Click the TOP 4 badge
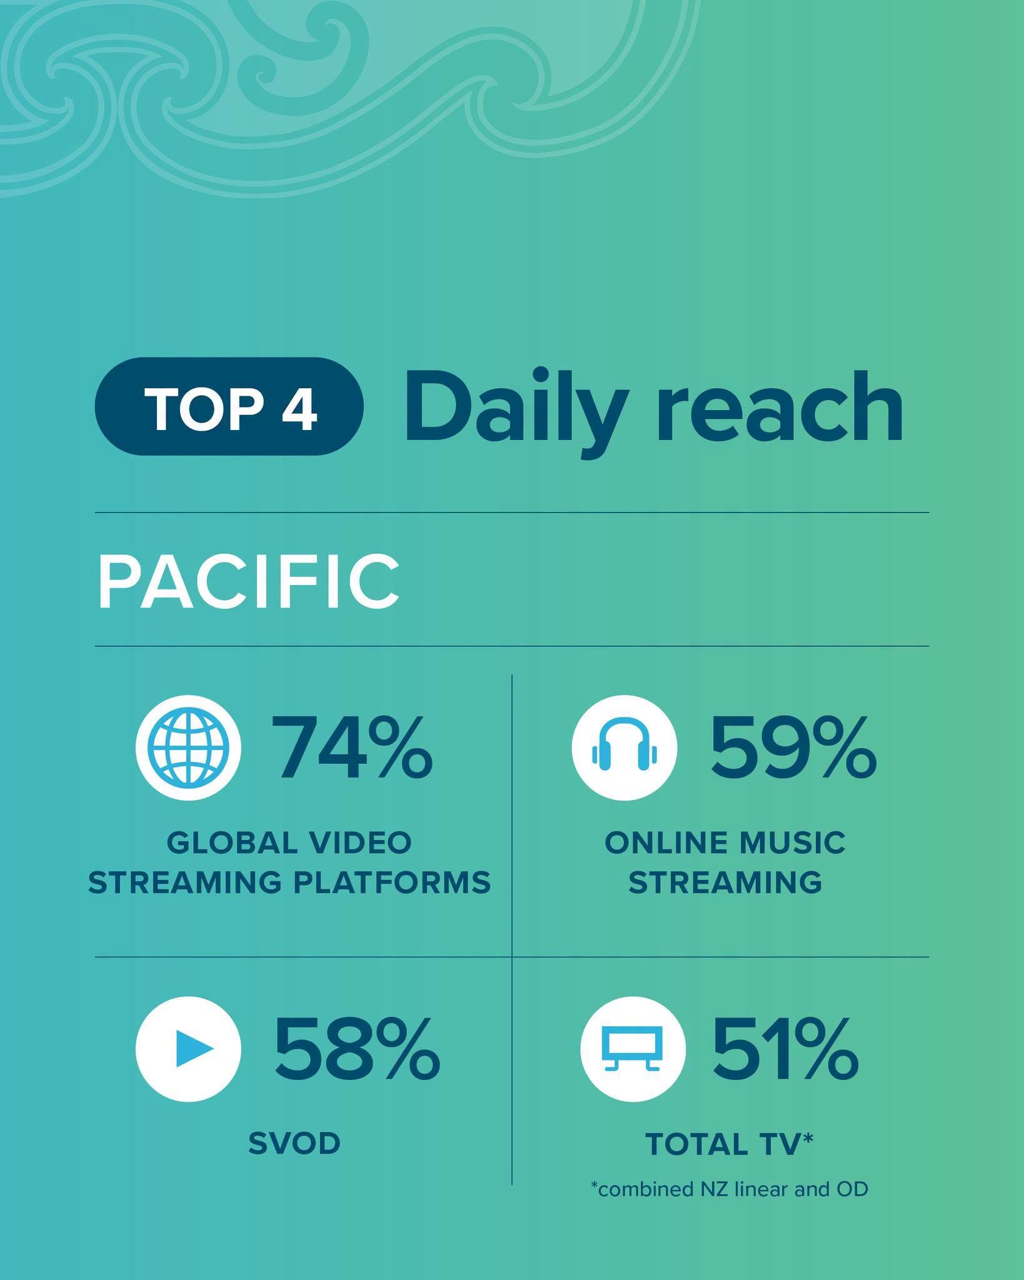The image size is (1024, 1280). [x=229, y=406]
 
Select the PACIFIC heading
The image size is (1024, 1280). [x=248, y=582]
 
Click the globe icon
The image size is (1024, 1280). [x=188, y=747]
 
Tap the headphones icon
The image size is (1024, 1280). [x=624, y=747]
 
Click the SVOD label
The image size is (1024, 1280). [x=294, y=1144]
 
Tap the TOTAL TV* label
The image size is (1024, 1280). [x=729, y=1144]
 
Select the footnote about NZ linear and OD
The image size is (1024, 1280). [x=730, y=1189]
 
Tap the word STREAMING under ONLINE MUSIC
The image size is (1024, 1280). [x=725, y=882]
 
